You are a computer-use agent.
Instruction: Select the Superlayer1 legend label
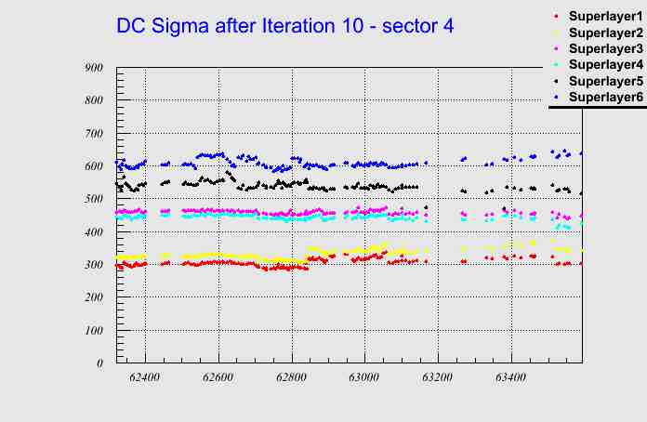pyautogui.click(x=605, y=17)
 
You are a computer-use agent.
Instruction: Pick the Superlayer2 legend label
pyautogui.click(x=605, y=33)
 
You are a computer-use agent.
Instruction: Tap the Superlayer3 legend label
pyautogui.click(x=605, y=48)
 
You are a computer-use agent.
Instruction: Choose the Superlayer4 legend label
pyautogui.click(x=605, y=64)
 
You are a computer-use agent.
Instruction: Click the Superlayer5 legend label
pyautogui.click(x=605, y=81)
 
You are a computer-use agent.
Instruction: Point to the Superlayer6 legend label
pyautogui.click(x=605, y=97)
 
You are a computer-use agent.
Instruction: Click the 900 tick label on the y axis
pyautogui.click(x=93, y=68)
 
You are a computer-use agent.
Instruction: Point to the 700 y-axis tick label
pyautogui.click(x=93, y=134)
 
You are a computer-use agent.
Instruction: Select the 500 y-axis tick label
pyautogui.click(x=93, y=199)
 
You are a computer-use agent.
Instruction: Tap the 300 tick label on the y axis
pyautogui.click(x=93, y=265)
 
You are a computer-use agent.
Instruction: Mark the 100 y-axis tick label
pyautogui.click(x=93, y=331)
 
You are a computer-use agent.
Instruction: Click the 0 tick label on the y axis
pyautogui.click(x=99, y=363)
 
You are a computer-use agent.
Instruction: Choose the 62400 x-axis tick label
pyautogui.click(x=145, y=378)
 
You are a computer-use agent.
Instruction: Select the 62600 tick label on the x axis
pyautogui.click(x=218, y=378)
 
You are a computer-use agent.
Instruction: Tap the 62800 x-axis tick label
pyautogui.click(x=291, y=378)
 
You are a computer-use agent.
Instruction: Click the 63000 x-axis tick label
pyautogui.click(x=363, y=378)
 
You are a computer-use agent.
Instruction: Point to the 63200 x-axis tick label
pyautogui.click(x=437, y=378)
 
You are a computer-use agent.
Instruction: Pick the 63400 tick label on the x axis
pyautogui.click(x=509, y=378)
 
